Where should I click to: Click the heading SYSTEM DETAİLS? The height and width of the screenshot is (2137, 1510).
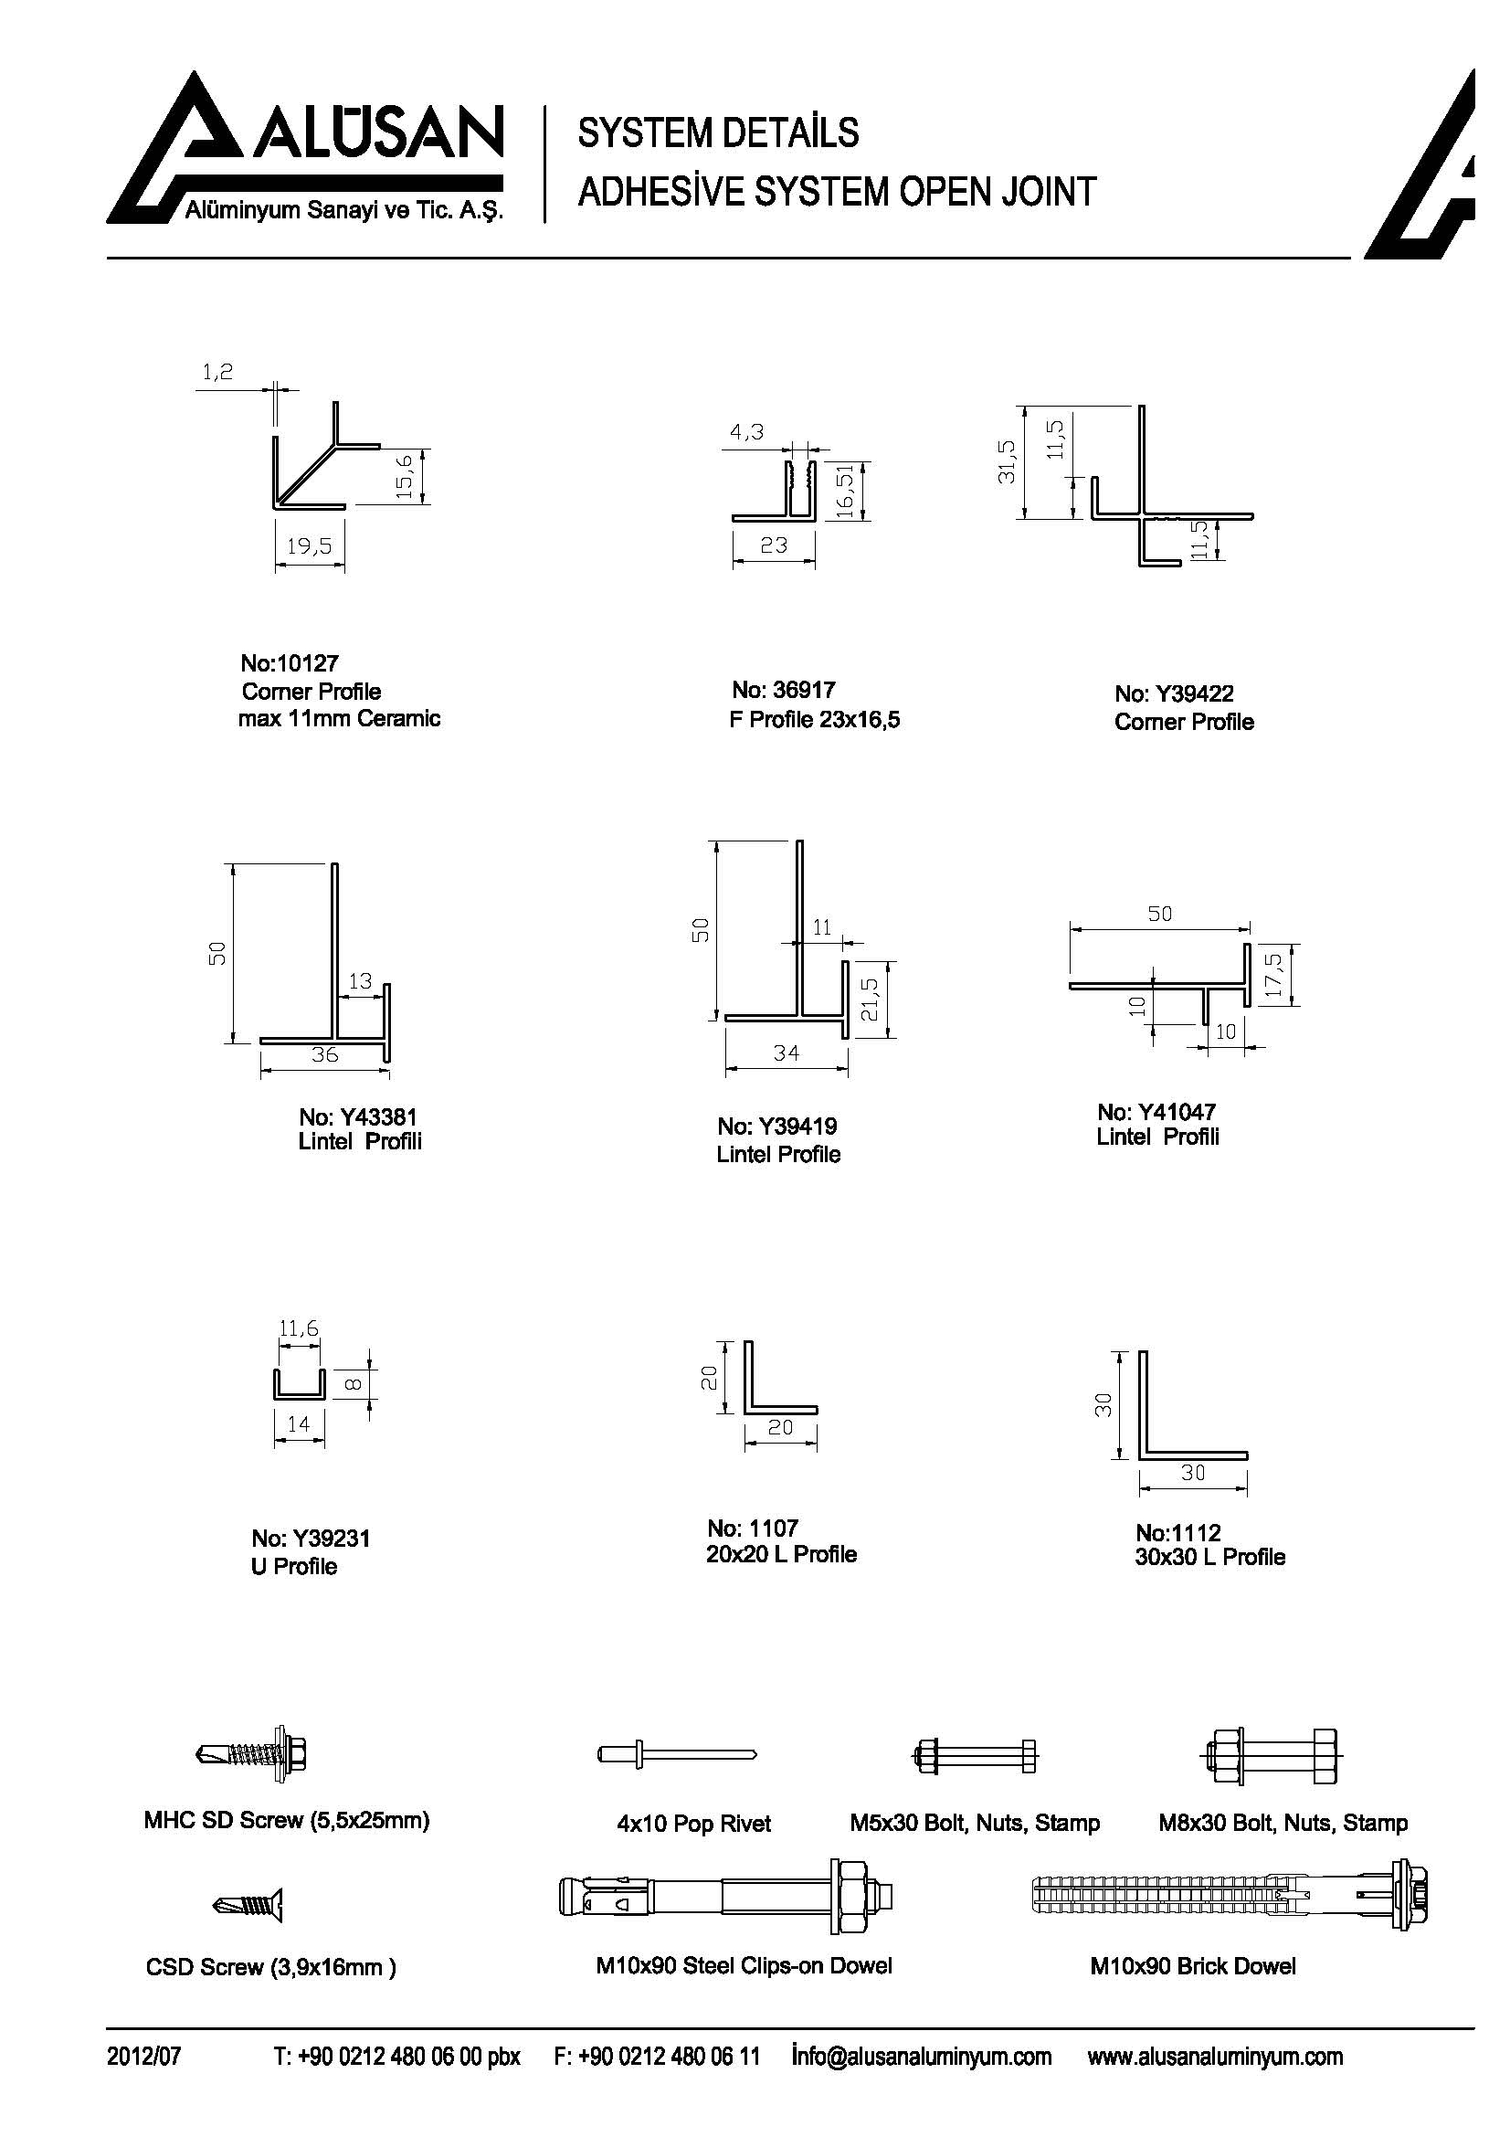point(717,133)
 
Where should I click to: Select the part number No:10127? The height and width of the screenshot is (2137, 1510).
point(290,663)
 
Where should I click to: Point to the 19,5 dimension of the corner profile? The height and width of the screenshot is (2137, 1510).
point(310,545)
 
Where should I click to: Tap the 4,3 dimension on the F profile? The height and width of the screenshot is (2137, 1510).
point(746,432)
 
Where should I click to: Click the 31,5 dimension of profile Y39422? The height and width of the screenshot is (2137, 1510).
point(1006,460)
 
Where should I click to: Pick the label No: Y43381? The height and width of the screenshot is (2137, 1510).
point(357,1116)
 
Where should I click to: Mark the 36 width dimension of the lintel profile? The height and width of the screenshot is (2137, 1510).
point(324,1053)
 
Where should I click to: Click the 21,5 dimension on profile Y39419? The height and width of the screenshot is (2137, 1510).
point(869,1000)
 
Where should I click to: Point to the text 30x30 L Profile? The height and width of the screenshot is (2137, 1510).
point(1209,1557)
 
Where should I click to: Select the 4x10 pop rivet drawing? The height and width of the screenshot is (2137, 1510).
point(676,1754)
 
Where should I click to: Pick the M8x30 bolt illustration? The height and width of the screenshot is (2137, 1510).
point(1270,1756)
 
